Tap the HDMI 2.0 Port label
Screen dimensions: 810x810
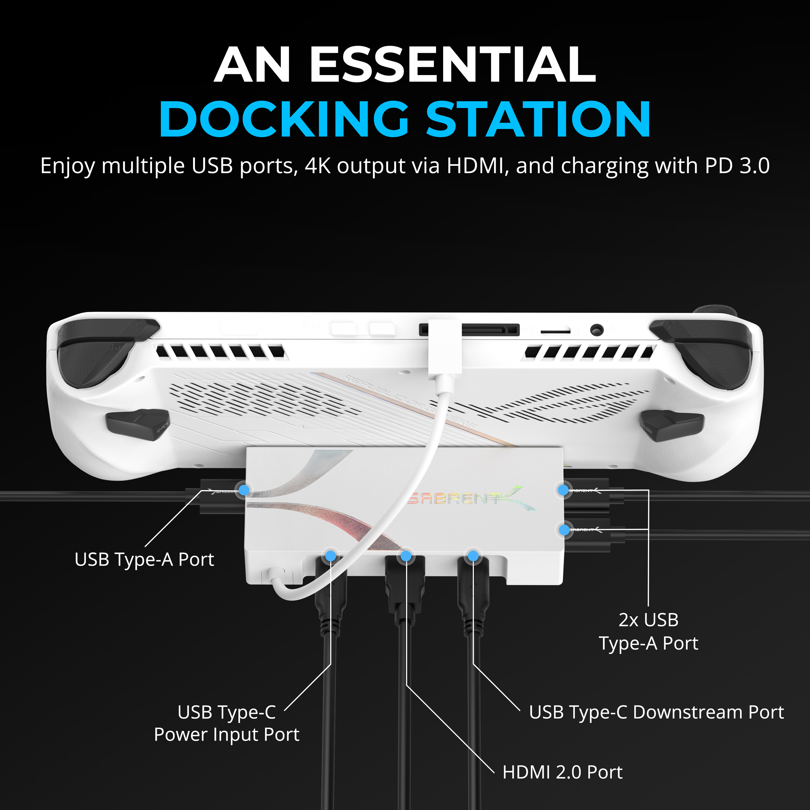tap(562, 772)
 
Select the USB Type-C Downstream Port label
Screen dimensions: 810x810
tap(656, 712)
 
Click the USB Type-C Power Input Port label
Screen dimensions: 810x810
tap(227, 723)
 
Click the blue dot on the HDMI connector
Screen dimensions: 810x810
tap(406, 556)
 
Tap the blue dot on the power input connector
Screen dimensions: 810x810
tap(331, 556)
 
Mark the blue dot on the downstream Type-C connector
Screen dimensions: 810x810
tap(473, 556)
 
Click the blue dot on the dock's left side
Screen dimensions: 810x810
tap(244, 490)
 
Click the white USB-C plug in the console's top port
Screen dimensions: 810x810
tap(445, 346)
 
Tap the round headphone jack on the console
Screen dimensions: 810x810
tap(597, 330)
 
